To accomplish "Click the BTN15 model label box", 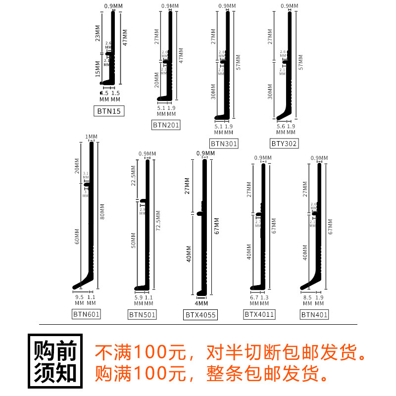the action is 108,111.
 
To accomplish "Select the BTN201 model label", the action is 166,125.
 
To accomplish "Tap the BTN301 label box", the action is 224,144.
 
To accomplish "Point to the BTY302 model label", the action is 284,144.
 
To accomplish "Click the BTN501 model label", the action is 142,314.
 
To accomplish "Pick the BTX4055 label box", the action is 201,314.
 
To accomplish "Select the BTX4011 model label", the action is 258,314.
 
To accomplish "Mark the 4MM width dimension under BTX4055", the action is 200,303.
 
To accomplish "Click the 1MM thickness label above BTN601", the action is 91,137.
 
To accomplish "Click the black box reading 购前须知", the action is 55,360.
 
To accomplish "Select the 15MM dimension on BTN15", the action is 98,67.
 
